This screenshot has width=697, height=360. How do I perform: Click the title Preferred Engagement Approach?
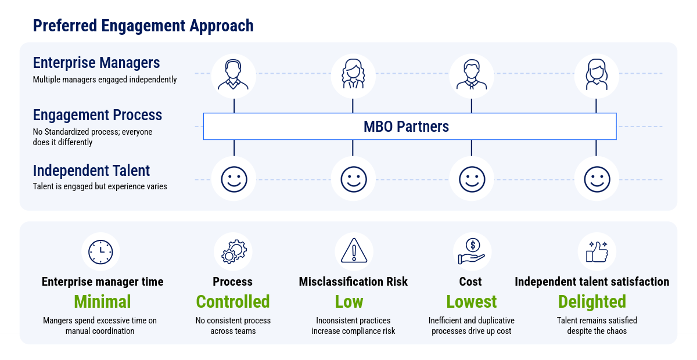pos(143,26)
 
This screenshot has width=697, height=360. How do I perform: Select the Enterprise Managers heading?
pos(96,63)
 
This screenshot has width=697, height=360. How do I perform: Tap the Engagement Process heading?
pos(98,115)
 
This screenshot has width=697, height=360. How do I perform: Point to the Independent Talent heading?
pos(91,171)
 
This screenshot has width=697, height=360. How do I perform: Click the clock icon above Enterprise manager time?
pos(100,251)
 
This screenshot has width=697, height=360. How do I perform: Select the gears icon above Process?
pos(233,251)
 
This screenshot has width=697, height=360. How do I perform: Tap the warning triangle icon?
pos(353,251)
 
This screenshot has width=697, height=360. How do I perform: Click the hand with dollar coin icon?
pos(471,251)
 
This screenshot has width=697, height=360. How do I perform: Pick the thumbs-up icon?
pos(597,251)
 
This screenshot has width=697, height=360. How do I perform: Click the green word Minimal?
pos(102,301)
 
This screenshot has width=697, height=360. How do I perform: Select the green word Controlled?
pos(233,301)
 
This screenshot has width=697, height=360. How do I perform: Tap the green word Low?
pos(349,301)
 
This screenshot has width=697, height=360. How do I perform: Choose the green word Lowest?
pos(472,301)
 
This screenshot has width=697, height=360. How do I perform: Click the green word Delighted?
pos(592,301)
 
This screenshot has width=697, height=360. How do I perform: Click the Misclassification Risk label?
pos(353,282)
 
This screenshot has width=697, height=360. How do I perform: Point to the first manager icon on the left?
pos(233,75)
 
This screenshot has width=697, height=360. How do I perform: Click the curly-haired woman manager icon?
pos(353,75)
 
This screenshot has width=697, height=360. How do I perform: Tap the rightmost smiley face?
pos(597,179)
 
